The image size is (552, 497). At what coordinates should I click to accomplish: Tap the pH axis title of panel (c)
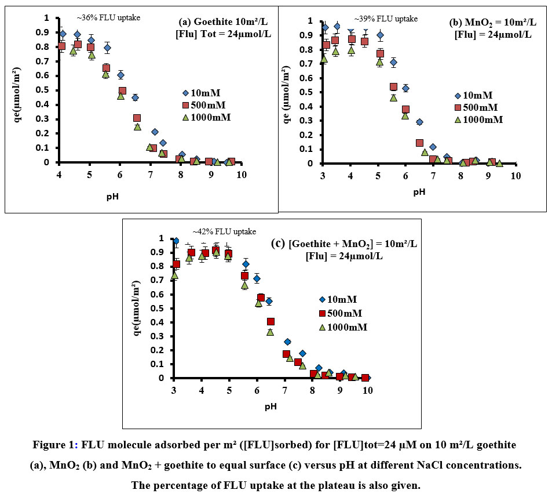(x=270, y=406)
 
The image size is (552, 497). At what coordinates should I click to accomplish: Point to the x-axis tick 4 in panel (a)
(x=59, y=175)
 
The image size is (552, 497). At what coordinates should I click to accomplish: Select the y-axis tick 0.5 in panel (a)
(x=46, y=91)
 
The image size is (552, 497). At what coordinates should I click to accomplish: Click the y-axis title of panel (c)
(x=138, y=307)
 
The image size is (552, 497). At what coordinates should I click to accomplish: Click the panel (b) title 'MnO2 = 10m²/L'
(x=493, y=23)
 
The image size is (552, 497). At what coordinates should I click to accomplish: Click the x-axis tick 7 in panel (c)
(x=284, y=390)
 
